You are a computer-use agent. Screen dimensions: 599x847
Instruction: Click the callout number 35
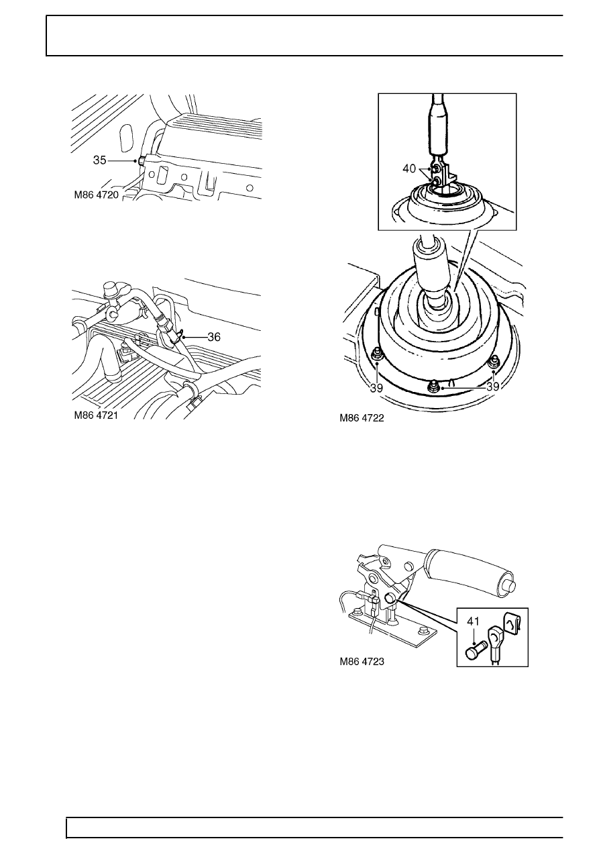[100, 160]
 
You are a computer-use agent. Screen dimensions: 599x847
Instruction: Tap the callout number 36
[214, 337]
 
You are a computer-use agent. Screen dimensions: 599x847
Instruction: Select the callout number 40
[409, 168]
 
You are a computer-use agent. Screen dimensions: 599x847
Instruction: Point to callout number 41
[473, 621]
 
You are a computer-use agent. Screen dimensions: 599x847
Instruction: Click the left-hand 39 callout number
[376, 388]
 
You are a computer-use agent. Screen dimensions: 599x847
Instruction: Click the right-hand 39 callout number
[493, 387]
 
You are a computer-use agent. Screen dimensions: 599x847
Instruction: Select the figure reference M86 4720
[97, 195]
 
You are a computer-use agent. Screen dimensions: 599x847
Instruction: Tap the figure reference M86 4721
[96, 415]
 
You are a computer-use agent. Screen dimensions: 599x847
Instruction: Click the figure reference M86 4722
[362, 418]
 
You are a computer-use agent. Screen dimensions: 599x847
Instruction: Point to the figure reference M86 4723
[362, 661]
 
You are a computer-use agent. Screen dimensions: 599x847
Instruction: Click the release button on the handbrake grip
[510, 585]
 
